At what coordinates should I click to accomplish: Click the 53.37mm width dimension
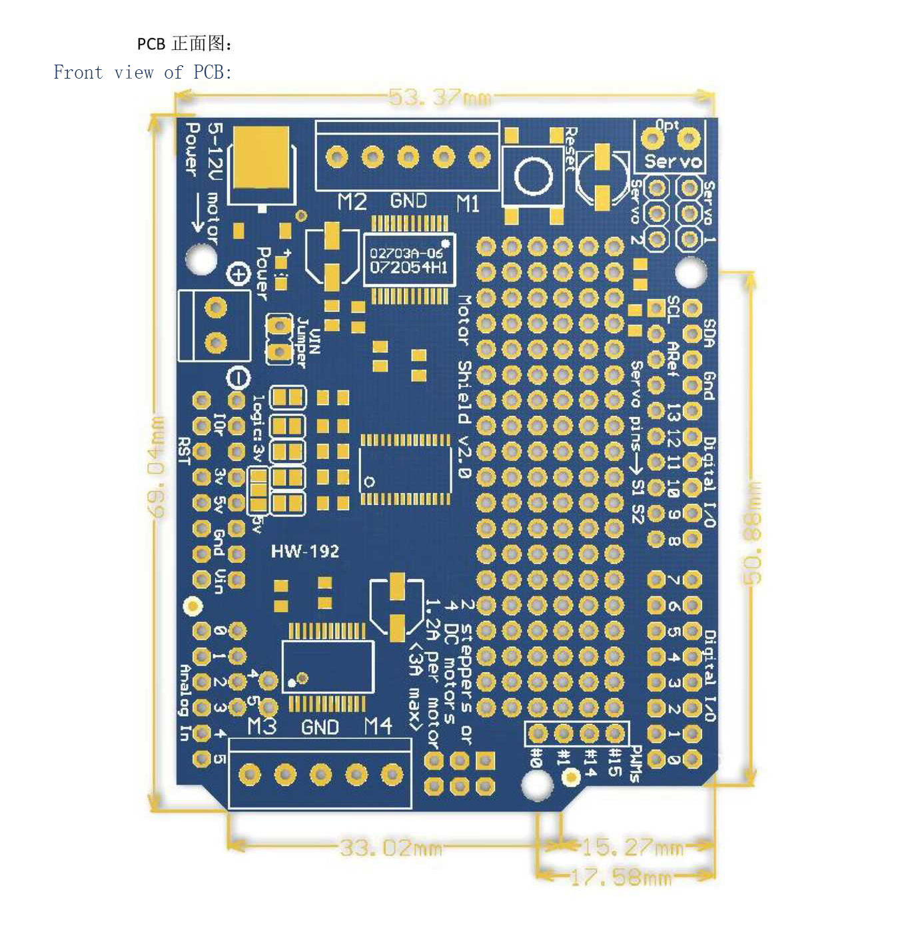(x=440, y=98)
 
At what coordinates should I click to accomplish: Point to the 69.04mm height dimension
(x=156, y=466)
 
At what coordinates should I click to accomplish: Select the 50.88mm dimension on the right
(x=751, y=533)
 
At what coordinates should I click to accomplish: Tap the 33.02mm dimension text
(x=391, y=848)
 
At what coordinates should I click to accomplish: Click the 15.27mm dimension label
(x=632, y=847)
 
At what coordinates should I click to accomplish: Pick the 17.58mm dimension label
(x=621, y=877)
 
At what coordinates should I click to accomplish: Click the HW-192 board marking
(x=305, y=551)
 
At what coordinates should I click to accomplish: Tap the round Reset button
(x=533, y=177)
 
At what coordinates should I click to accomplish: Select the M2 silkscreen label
(x=352, y=202)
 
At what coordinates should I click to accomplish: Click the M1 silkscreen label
(x=468, y=203)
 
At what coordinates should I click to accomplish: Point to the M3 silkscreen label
(x=261, y=726)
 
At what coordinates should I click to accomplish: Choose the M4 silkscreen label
(x=378, y=726)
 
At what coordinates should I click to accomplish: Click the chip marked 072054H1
(x=409, y=260)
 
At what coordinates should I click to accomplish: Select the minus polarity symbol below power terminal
(x=238, y=378)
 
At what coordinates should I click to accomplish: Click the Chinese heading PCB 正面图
(x=185, y=44)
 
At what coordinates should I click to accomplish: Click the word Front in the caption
(x=78, y=73)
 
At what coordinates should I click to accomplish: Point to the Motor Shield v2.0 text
(x=464, y=386)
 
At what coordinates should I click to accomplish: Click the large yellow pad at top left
(x=261, y=158)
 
